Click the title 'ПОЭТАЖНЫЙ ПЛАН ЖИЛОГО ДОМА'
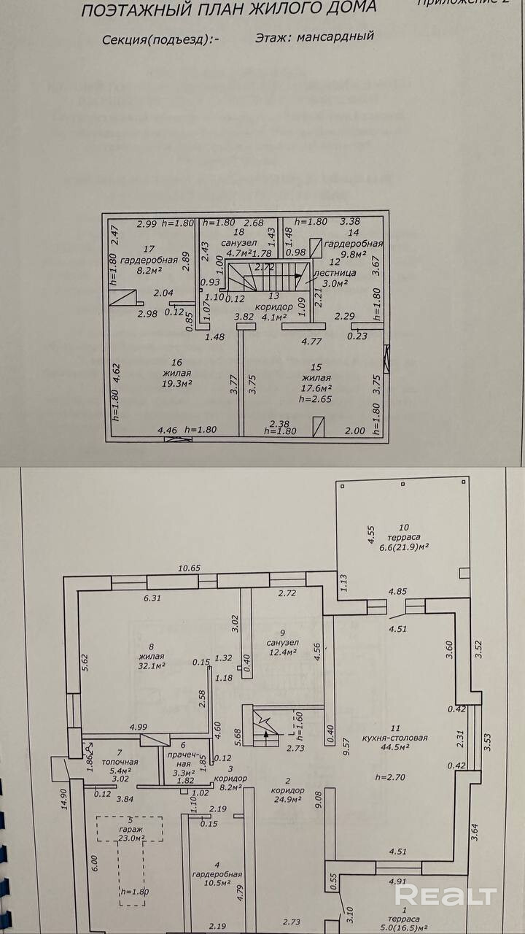point(229,9)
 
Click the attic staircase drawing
point(265,278)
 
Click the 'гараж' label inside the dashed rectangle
point(131,827)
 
